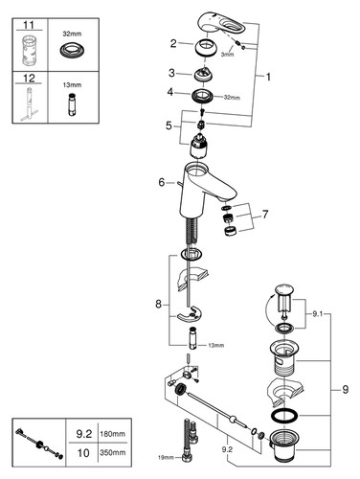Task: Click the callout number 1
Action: [268, 77]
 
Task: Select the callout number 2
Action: [173, 43]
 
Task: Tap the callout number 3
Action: [172, 73]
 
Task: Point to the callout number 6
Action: [162, 182]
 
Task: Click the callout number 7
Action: [265, 215]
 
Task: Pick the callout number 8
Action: [159, 304]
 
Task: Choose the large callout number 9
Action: [346, 390]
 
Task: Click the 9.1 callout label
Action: [318, 314]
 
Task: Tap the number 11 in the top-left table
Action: [29, 25]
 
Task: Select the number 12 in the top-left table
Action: [29, 79]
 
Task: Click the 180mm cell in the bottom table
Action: [113, 434]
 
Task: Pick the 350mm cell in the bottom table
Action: [113, 452]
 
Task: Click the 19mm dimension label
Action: [166, 458]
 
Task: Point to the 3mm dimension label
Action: [227, 55]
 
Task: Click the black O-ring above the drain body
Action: [284, 416]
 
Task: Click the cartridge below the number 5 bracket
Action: [199, 147]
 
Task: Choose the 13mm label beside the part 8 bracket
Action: [215, 345]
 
